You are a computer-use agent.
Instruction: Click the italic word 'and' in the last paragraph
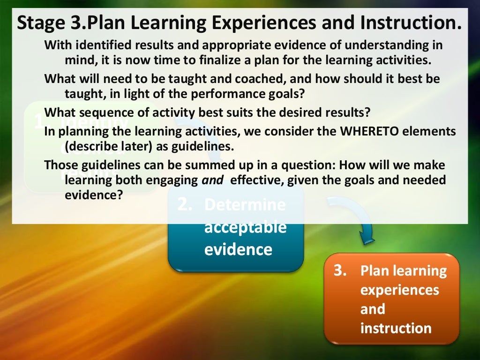click(212, 180)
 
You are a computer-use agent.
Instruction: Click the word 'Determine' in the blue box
click(245, 205)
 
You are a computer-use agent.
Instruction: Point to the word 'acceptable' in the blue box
click(245, 227)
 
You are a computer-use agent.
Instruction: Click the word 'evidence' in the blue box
click(238, 249)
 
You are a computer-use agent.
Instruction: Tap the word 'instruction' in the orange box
click(396, 328)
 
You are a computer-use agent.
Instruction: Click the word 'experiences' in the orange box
click(399, 290)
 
